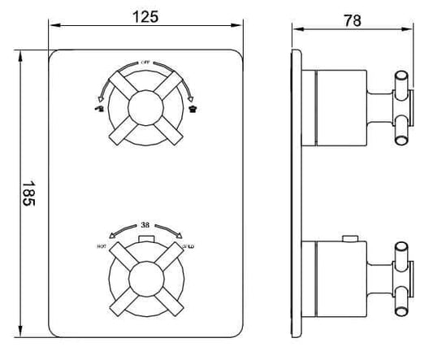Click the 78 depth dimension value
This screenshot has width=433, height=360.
[x=353, y=21]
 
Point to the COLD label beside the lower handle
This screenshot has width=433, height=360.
[x=188, y=244]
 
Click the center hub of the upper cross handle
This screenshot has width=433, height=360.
[x=146, y=106]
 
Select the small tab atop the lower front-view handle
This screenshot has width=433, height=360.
[x=146, y=237]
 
